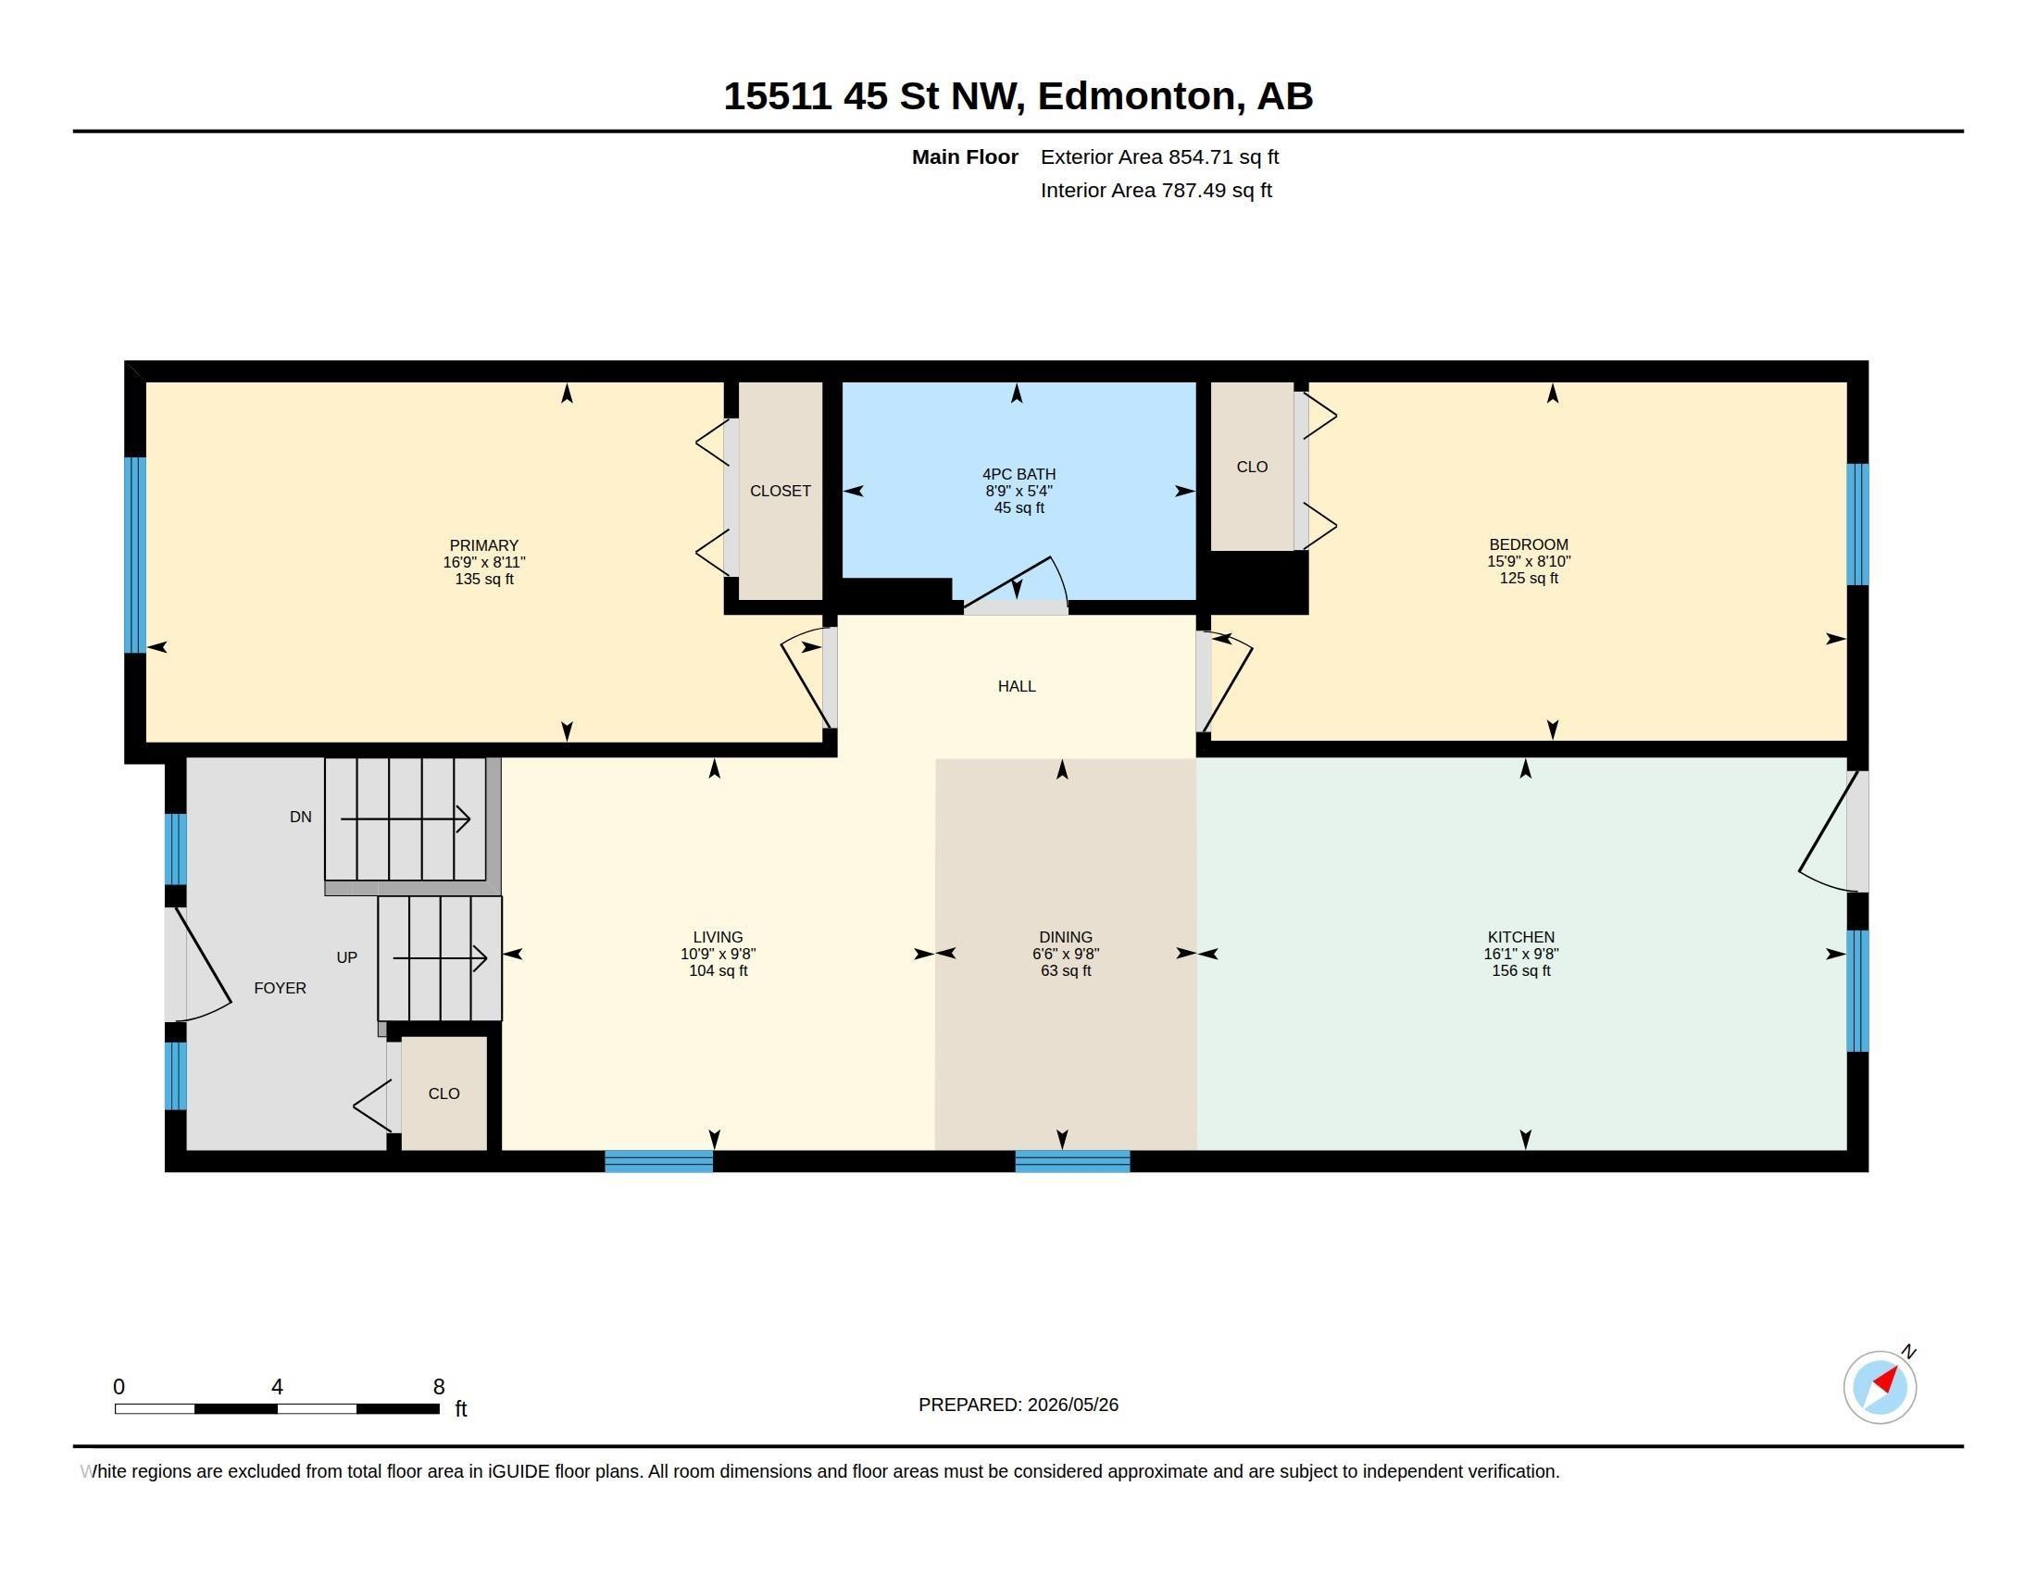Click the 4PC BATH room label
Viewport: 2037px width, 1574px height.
(1018, 474)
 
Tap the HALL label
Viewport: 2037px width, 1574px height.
(1017, 686)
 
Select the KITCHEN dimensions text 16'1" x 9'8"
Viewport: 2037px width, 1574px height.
(1521, 954)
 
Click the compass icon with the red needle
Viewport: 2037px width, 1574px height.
(1880, 1387)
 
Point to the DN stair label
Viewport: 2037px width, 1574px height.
(300, 817)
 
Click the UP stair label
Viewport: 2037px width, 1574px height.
(347, 957)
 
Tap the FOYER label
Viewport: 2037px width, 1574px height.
(280, 989)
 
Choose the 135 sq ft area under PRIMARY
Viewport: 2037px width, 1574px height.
(484, 579)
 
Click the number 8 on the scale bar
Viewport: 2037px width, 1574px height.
(439, 1387)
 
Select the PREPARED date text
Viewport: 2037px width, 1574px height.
(1018, 1405)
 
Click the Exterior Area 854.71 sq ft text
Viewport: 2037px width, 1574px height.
(1159, 156)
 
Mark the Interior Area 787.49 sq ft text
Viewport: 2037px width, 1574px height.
(1156, 190)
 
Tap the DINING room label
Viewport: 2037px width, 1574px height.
(1065, 937)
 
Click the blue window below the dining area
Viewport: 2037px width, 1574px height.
(1072, 1161)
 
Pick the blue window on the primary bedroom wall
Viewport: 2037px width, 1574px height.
(135, 555)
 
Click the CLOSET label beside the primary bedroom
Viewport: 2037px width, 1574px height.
(780, 491)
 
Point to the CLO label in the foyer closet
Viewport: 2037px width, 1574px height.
(444, 1093)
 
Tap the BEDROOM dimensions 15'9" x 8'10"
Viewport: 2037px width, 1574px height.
(1529, 561)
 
